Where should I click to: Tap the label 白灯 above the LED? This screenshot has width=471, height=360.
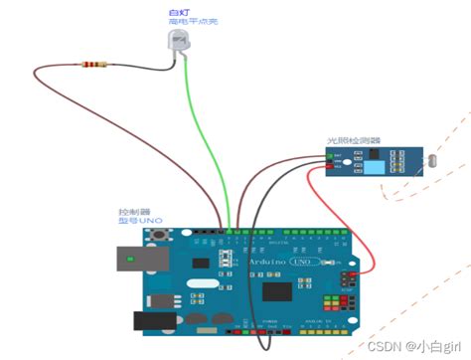[x=177, y=9]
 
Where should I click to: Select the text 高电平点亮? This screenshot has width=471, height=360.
[x=184, y=20]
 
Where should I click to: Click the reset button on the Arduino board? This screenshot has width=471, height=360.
[x=156, y=237]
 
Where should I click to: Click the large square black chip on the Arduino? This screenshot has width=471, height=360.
[x=277, y=290]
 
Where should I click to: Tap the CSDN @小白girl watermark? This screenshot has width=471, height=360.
[x=416, y=346]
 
